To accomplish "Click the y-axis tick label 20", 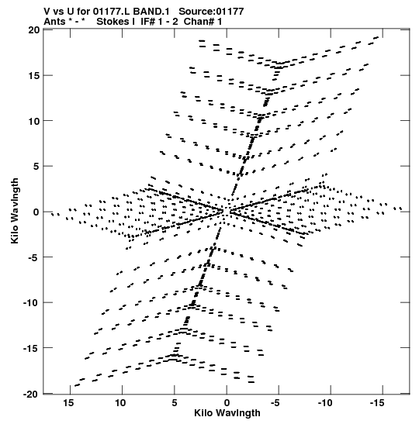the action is click(34, 30).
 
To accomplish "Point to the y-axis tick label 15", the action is click(34, 76).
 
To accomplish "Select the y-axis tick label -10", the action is click(31, 303).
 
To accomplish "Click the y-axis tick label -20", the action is click(31, 395).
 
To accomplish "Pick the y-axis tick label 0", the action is click(36, 212).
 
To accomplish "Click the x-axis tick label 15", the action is click(69, 403).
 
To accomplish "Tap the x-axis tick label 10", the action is click(121, 403).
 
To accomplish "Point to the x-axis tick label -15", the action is click(377, 403).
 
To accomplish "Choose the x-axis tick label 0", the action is click(227, 403).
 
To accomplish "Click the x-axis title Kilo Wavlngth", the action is click(227, 413).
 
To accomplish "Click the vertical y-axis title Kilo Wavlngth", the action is click(15, 211).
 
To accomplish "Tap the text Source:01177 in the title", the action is click(211, 12).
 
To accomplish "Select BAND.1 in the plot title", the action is click(151, 12).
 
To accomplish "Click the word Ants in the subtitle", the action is click(54, 22).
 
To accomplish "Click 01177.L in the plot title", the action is click(111, 12).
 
